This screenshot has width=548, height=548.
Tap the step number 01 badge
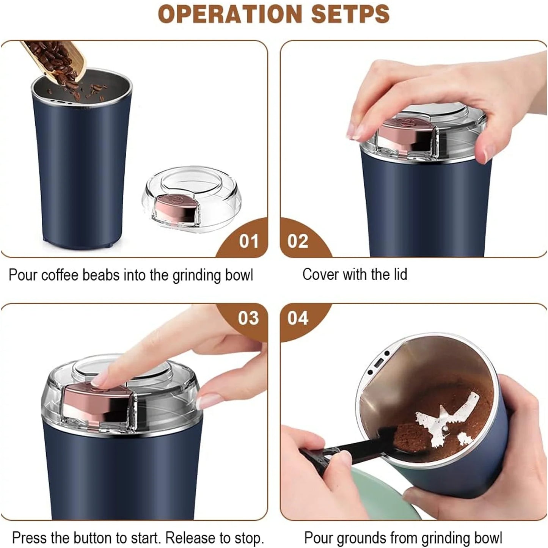click(248, 241)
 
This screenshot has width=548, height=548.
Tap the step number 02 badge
click(298, 241)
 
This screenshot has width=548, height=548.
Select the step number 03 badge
click(248, 318)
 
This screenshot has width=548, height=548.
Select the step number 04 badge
click(298, 318)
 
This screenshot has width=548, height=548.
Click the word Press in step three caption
click(29, 538)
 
